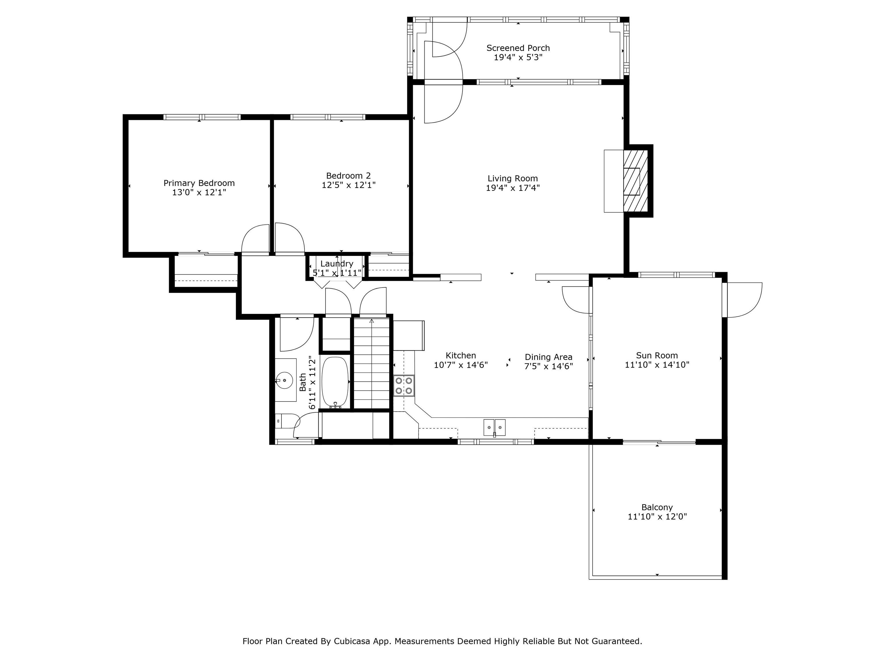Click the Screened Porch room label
tap(518, 48)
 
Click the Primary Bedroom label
tap(199, 183)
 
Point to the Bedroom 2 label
tap(349, 176)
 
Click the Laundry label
tap(337, 264)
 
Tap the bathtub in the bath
tap(335, 382)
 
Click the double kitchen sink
tap(495, 427)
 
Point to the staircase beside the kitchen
tap(372, 363)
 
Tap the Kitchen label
tap(461, 355)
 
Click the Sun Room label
tap(657, 355)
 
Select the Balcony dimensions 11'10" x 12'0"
tap(657, 517)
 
